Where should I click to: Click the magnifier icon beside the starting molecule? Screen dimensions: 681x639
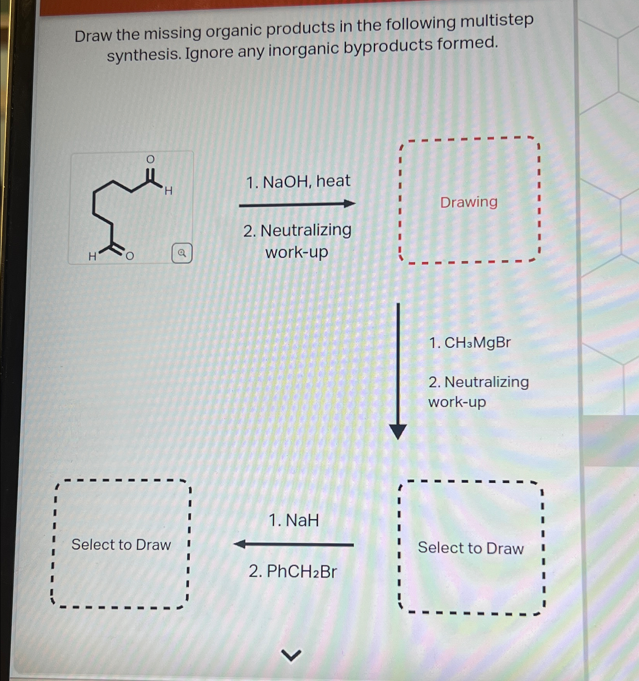[182, 253]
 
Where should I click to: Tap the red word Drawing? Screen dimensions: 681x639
[469, 202]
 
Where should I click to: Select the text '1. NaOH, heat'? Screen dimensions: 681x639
[298, 181]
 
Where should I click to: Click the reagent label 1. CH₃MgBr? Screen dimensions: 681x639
[470, 342]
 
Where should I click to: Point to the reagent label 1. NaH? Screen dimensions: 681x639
[294, 520]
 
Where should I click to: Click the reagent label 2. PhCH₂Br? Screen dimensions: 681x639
[293, 571]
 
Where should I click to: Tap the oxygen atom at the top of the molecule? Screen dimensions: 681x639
[150, 159]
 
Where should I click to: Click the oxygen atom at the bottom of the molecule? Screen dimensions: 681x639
[130, 256]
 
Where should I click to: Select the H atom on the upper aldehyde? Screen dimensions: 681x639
[169, 190]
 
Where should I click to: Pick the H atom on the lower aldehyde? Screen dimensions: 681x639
[92, 256]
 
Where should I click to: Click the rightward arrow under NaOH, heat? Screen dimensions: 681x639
[297, 204]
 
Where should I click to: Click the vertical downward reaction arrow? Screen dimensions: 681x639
[398, 370]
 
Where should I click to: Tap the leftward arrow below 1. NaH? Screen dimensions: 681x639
[294, 544]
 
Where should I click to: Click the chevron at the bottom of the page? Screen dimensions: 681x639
[291, 654]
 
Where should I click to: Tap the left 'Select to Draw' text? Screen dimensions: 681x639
[121, 544]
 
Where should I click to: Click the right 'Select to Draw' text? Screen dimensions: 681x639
[471, 548]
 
